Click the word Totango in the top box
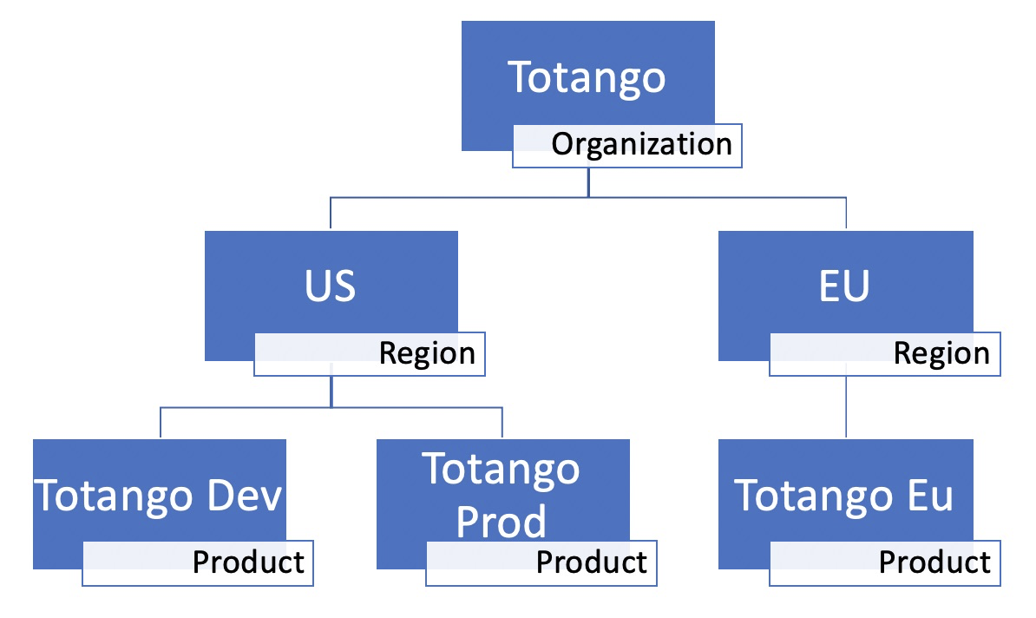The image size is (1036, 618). click(x=587, y=79)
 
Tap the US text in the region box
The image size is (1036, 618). click(x=331, y=286)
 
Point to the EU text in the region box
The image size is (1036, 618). click(x=844, y=286)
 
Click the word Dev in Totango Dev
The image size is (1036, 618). click(x=245, y=495)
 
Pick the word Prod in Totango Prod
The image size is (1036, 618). click(x=502, y=522)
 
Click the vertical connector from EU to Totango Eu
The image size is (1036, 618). click(x=846, y=406)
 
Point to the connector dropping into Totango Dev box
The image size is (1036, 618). click(x=161, y=423)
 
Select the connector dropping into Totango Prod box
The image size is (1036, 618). click(x=502, y=423)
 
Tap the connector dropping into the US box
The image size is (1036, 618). click(x=331, y=213)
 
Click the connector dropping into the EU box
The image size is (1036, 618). click(x=846, y=213)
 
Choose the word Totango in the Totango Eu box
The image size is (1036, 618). click(x=814, y=496)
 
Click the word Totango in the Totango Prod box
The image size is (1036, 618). click(x=501, y=470)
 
